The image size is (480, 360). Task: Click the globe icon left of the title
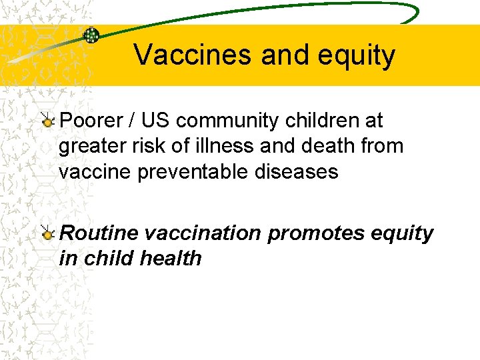click(91, 35)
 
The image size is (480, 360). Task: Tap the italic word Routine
click(99, 233)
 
